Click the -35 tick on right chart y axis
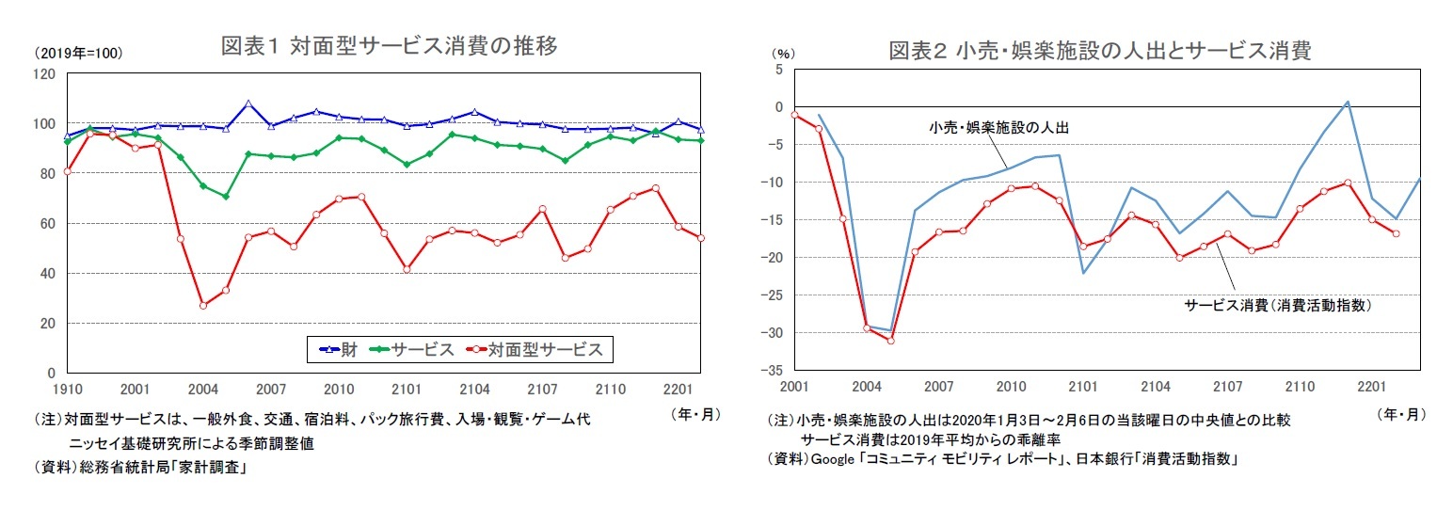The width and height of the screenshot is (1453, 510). coord(777,370)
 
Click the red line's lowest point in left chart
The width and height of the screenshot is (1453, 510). coord(202,305)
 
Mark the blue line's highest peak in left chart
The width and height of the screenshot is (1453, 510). coord(247,104)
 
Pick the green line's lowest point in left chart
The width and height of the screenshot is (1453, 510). coord(225,197)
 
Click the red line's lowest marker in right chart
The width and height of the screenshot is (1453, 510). coord(890,340)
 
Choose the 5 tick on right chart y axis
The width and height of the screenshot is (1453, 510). coord(778,70)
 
